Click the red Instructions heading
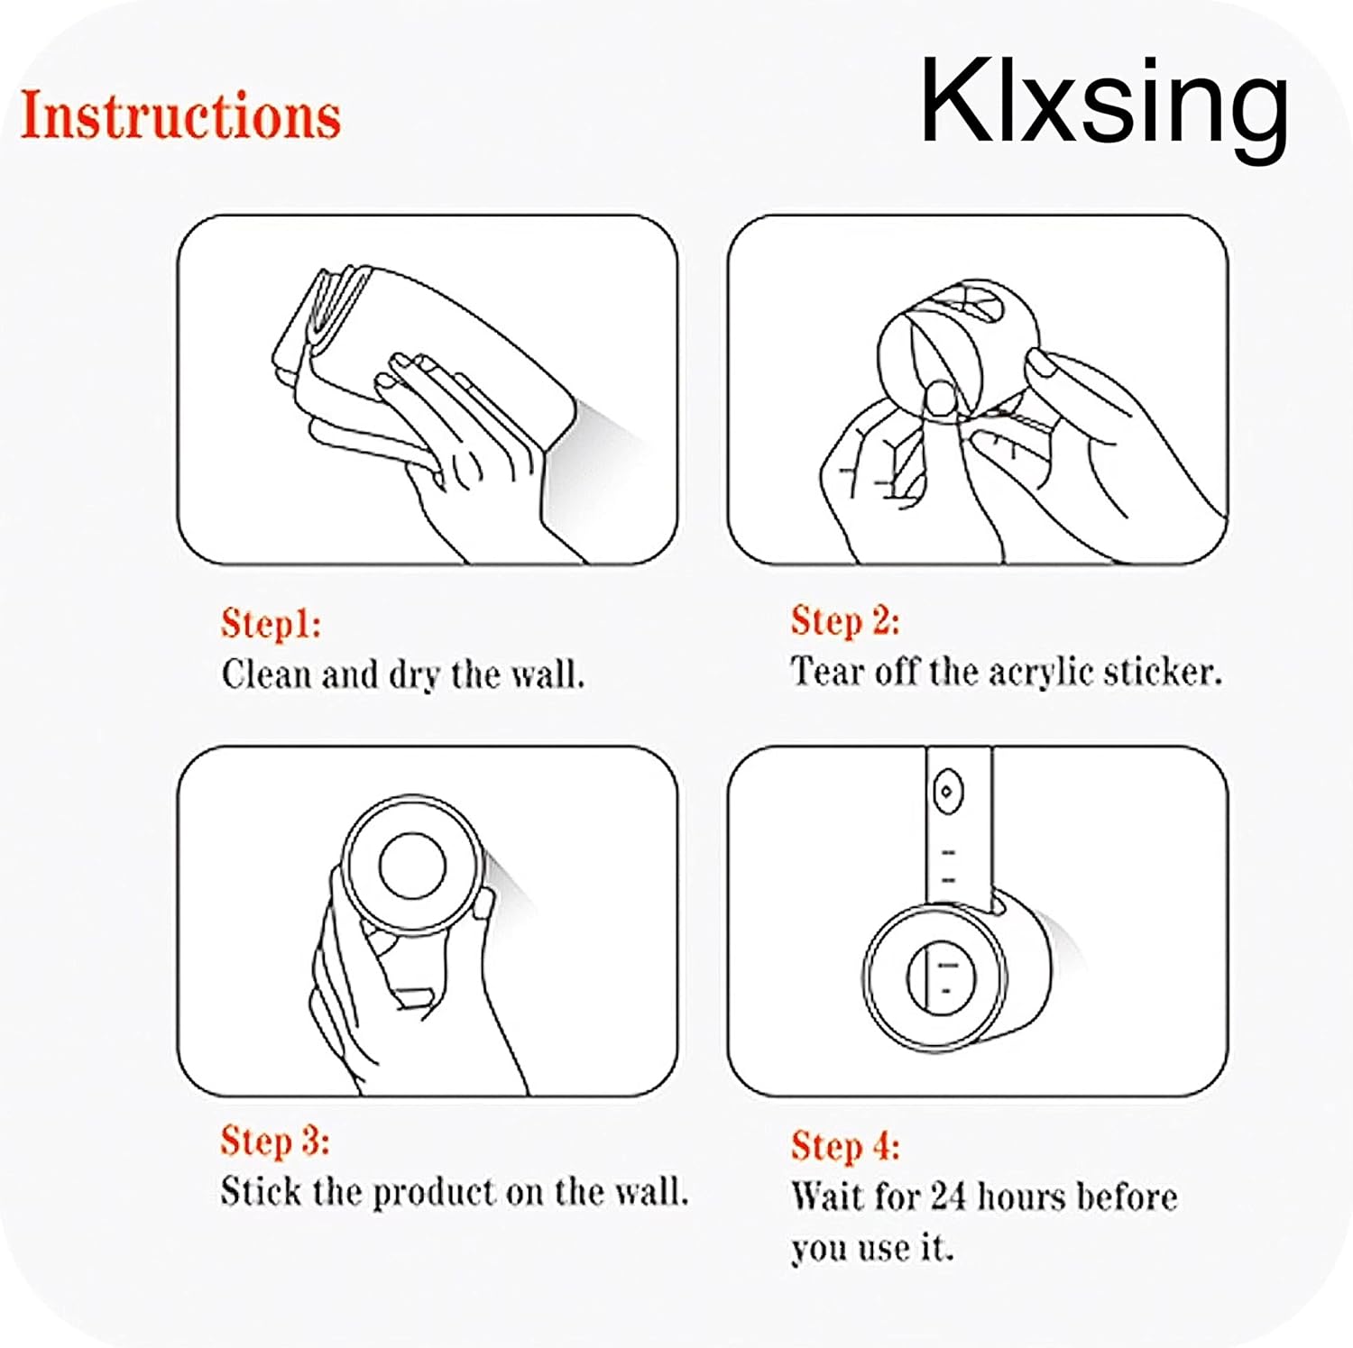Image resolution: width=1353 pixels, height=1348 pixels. coord(180,115)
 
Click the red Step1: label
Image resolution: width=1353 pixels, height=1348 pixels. coord(271,624)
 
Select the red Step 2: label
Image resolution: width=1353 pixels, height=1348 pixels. coord(845,621)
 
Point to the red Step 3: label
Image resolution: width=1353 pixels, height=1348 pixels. coord(275,1142)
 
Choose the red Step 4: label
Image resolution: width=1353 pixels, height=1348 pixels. coord(845,1146)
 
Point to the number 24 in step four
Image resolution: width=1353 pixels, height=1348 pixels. coord(948,1197)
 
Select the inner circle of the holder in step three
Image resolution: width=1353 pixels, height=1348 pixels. coord(412,865)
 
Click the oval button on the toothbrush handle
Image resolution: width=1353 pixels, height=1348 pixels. coord(946,793)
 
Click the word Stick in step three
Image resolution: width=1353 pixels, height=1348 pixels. coord(262,1192)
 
